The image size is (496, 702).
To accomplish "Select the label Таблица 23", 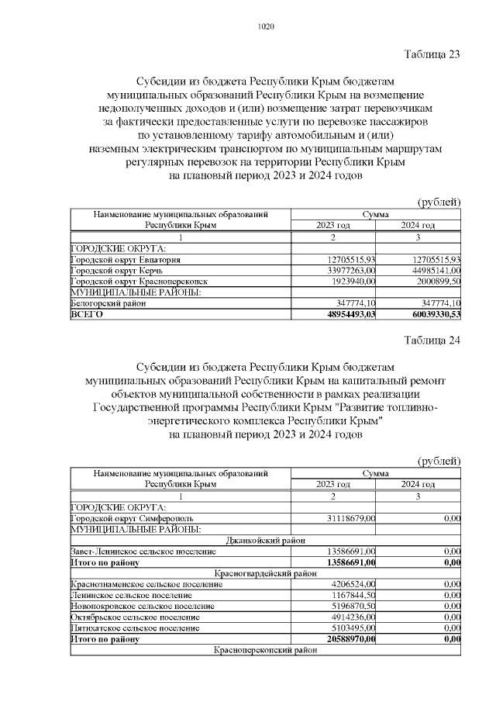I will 432,54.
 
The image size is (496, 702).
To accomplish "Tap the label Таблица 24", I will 432,340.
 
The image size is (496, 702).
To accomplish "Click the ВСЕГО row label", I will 86,315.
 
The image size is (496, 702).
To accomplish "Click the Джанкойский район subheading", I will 265,540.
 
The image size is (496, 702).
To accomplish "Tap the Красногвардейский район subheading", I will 265,573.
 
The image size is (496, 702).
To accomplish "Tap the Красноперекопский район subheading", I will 265,651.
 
